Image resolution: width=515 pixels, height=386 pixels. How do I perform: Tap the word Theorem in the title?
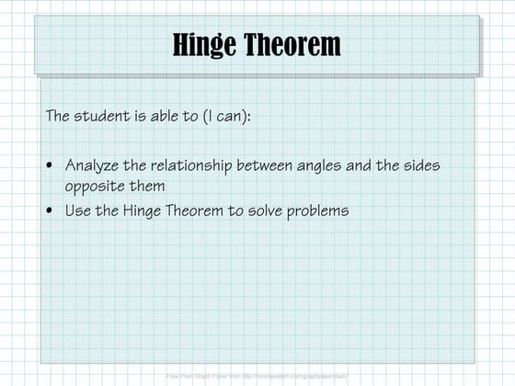[x=292, y=44]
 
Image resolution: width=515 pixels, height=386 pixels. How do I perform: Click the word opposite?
[x=95, y=186]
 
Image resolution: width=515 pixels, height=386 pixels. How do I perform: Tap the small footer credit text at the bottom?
[x=257, y=376]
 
